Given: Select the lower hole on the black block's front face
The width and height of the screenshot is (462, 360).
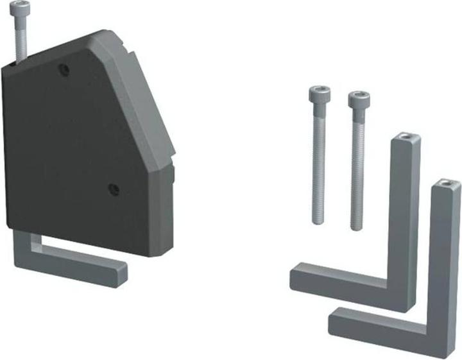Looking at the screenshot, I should tap(113, 189).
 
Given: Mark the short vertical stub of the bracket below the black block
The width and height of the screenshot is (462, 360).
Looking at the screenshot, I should tap(21, 247).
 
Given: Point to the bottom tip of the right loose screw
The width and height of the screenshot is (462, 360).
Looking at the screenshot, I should tap(357, 227).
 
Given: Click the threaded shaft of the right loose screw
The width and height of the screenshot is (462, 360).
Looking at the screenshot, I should tap(357, 170).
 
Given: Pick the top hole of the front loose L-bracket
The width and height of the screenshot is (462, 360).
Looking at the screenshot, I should tap(447, 185).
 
